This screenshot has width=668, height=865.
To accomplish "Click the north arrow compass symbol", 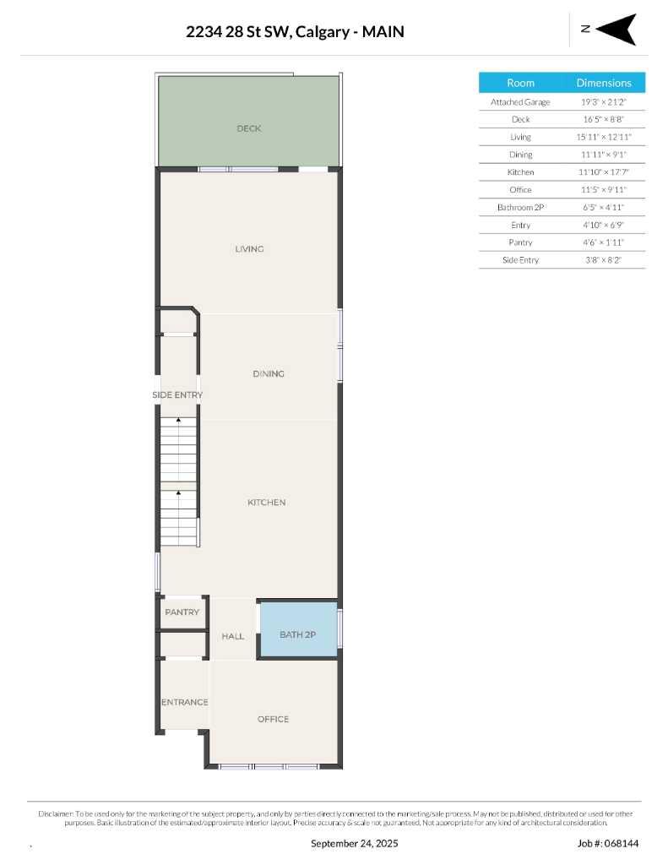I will [x=617, y=29].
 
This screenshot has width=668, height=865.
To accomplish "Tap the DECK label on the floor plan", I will [x=249, y=128].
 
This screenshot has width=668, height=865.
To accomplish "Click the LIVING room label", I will [x=250, y=249].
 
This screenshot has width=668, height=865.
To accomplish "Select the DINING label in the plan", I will [x=269, y=373].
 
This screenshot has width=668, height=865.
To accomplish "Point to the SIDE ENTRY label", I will [x=177, y=395].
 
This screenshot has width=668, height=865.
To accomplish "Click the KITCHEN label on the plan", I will [x=267, y=503].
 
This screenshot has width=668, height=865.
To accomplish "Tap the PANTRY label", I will [x=182, y=612].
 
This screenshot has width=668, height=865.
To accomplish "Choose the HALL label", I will [x=233, y=636].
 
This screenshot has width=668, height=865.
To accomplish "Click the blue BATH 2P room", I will [x=297, y=634].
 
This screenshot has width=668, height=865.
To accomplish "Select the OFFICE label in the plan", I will [x=273, y=719].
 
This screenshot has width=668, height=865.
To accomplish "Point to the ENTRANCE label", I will [x=185, y=702].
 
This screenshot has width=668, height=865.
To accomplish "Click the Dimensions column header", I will [x=604, y=83].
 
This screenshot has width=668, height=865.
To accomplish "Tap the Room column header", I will [x=520, y=83].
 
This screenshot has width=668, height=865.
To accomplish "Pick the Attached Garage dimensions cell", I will [x=604, y=101].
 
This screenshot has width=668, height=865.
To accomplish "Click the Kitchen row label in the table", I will [x=520, y=172].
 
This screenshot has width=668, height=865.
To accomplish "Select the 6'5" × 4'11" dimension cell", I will [x=604, y=207].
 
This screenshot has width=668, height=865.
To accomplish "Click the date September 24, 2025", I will [x=355, y=843].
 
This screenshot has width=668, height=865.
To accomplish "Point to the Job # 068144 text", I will [x=608, y=843].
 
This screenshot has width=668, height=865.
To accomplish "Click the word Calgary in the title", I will [x=326, y=32].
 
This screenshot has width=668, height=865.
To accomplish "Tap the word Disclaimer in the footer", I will [x=56, y=813].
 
